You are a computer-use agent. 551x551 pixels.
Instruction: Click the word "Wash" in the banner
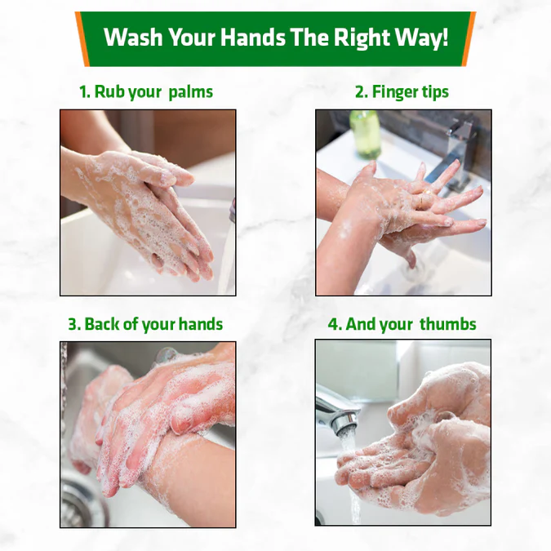(133, 37)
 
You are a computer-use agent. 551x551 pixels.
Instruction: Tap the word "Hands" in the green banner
(253, 37)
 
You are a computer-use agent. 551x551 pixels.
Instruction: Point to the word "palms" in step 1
(191, 92)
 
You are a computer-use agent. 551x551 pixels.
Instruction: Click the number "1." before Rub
(86, 92)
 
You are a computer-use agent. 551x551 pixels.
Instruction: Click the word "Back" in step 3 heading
(102, 323)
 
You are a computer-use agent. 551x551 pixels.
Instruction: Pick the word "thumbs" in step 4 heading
(448, 323)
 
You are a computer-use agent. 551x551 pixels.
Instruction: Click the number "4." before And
(335, 324)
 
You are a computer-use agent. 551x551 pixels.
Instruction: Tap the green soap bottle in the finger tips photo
(366, 134)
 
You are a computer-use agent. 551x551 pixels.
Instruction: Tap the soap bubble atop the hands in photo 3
(165, 355)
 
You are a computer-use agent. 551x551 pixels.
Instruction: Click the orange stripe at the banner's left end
(82, 39)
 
